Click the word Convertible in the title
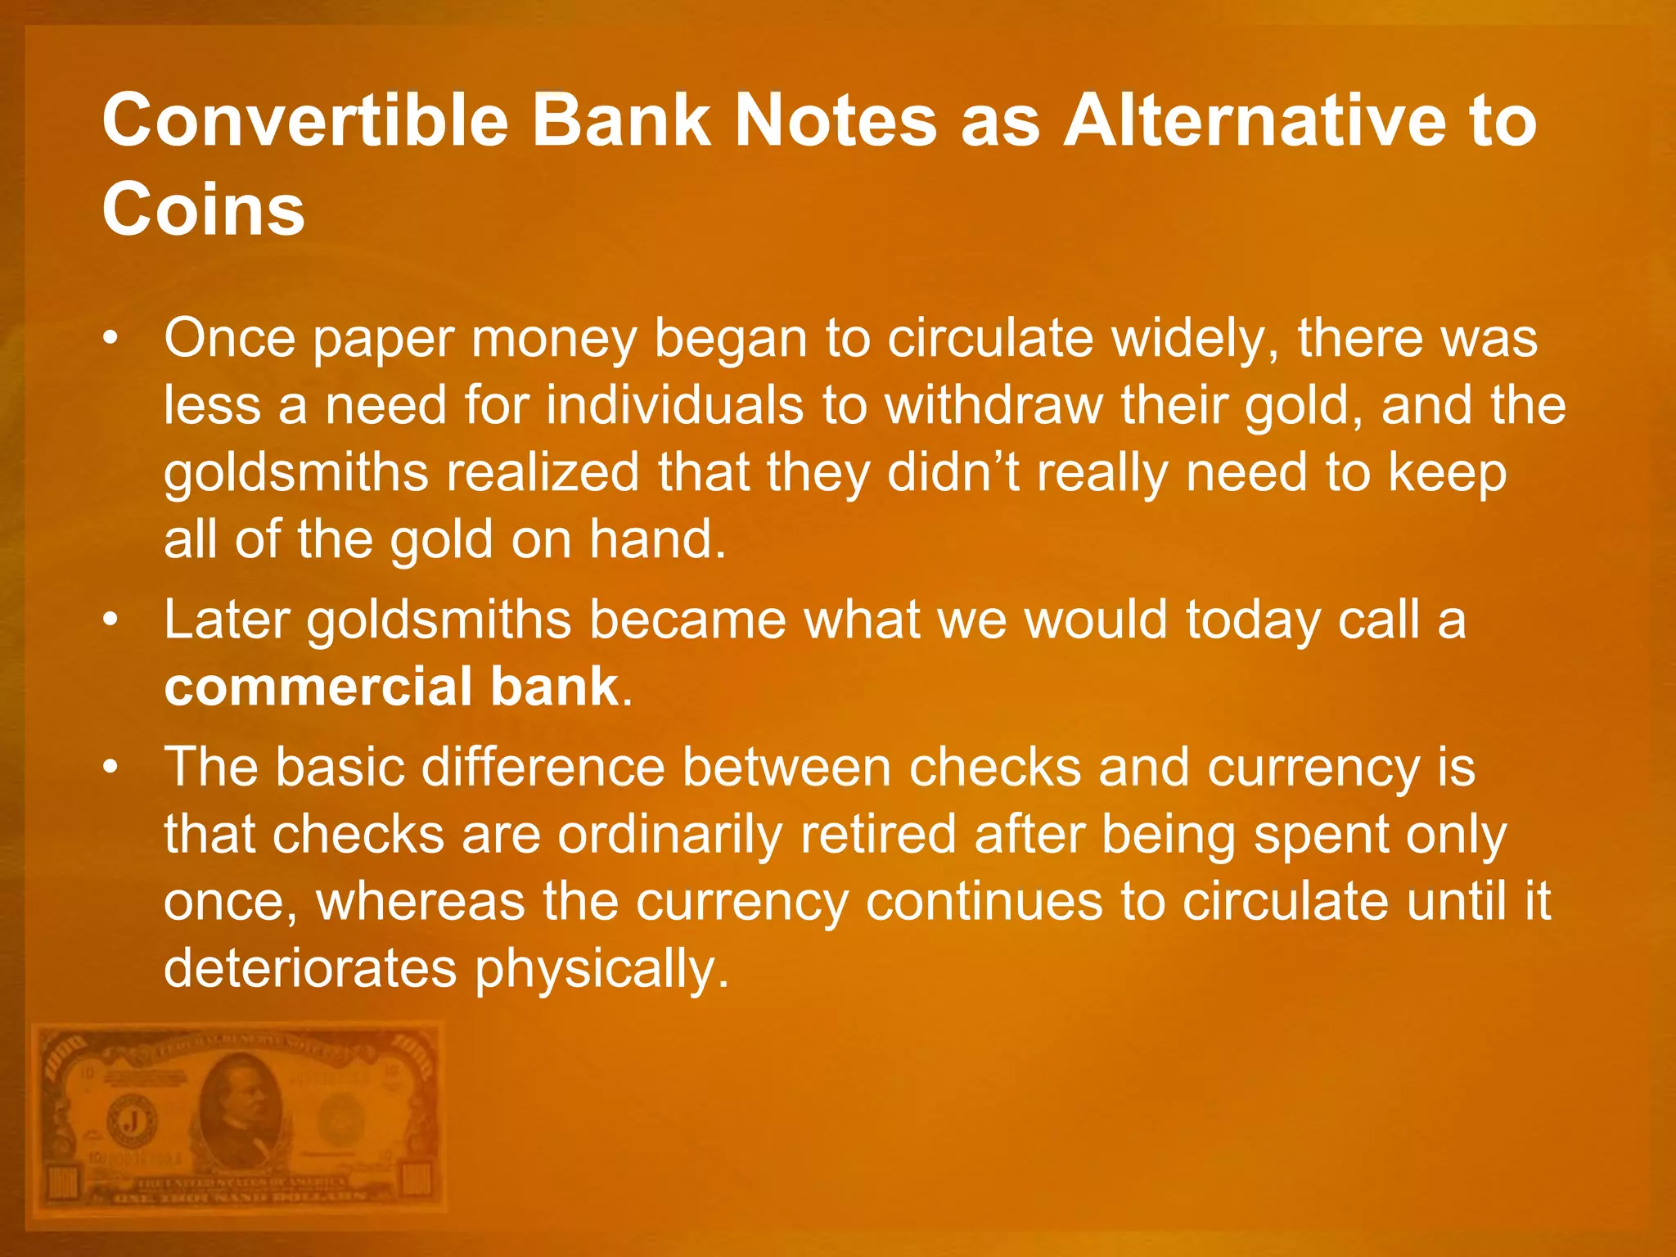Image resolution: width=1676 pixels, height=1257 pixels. pos(306,121)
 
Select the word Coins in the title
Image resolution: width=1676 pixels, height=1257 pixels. pos(203,209)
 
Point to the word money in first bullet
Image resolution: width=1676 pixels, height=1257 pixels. pos(554,338)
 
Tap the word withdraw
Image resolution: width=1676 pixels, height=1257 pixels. pos(993,405)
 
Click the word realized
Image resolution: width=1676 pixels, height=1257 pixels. pos(543,472)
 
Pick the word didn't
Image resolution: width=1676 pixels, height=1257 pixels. pos(953,472)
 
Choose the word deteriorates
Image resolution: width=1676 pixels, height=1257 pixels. pos(310,969)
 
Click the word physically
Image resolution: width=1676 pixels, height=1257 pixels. pos(602,969)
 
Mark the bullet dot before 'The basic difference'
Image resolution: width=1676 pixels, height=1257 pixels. pos(112,768)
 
